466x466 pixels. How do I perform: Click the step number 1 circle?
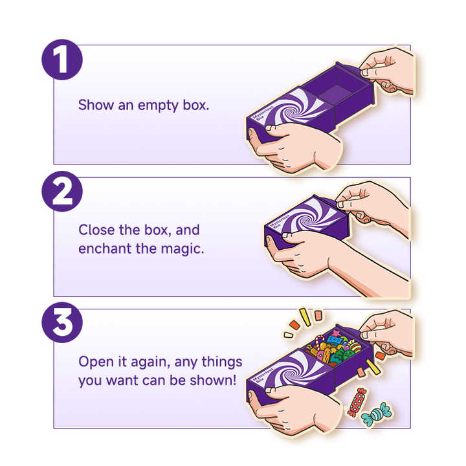point(62,60)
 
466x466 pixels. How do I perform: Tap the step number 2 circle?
point(62,192)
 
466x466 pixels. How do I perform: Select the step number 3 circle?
point(62,323)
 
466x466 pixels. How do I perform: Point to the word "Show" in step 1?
point(96,105)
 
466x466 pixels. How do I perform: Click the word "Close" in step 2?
point(96,230)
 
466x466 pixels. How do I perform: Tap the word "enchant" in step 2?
point(105,249)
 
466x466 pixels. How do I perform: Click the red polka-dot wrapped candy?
point(357,402)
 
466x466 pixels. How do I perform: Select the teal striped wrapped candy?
point(376,414)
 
